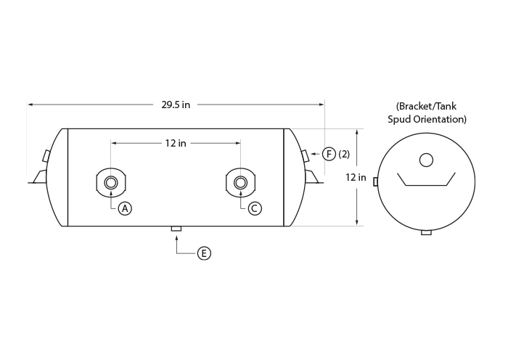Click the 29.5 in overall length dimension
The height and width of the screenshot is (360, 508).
pos(176,105)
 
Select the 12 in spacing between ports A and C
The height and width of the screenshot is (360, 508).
pos(176,143)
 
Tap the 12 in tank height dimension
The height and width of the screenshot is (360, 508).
pos(356,177)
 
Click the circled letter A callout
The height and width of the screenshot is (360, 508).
pos(125,208)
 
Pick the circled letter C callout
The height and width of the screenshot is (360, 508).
pos(255,208)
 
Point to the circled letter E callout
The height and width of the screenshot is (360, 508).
pos(204,253)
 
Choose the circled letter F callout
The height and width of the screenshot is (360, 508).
pos(329,154)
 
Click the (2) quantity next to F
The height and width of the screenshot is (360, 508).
pos(344,154)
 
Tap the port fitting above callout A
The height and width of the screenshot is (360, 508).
pos(111,183)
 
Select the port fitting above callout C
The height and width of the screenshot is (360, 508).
pos(240,183)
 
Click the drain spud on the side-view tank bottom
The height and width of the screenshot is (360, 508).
pos(176,229)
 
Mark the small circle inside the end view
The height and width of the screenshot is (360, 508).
pos(426,160)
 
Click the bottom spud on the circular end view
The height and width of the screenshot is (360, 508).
pos(427,232)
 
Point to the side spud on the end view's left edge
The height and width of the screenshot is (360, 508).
pos(375,181)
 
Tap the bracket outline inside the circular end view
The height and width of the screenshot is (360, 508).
pos(427,185)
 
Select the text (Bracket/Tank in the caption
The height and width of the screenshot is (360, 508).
pos(426,106)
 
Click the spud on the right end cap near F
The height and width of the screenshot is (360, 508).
pos(306,155)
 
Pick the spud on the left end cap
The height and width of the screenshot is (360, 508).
pos(46,155)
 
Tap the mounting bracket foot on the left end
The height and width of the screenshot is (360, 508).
pos(39,177)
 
